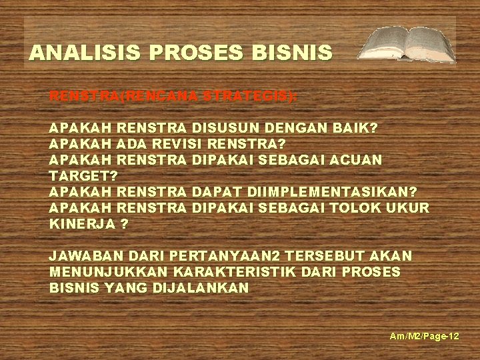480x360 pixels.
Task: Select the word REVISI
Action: (x=177, y=143)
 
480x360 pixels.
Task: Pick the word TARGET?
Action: (x=83, y=175)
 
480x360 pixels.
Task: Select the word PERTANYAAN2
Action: (x=230, y=256)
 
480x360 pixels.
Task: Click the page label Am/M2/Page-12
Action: (x=425, y=337)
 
